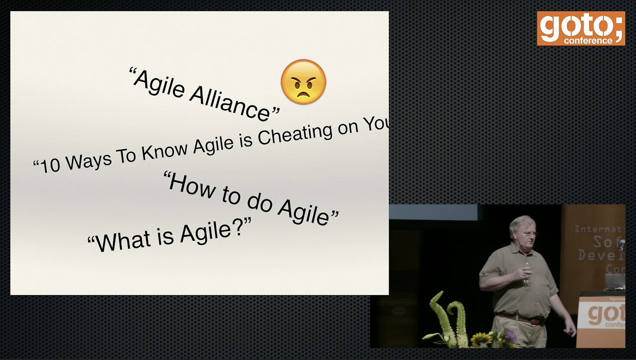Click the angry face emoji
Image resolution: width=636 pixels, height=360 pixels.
(304, 82)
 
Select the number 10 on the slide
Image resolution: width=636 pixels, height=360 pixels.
(50, 165)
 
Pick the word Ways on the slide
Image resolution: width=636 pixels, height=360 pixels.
(89, 160)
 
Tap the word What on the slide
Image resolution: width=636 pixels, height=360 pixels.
(124, 240)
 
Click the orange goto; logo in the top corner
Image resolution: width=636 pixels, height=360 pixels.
(580, 29)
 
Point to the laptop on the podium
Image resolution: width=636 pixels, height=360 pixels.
(615, 282)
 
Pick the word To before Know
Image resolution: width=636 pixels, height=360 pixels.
(127, 155)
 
